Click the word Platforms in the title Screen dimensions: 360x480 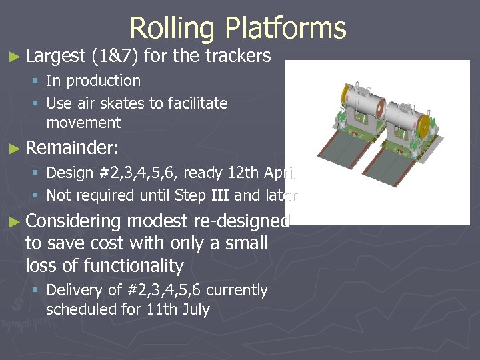[x=285, y=28]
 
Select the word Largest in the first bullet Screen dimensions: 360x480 [x=56, y=56]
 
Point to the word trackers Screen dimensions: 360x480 [x=234, y=56]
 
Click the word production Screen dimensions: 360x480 [x=102, y=81]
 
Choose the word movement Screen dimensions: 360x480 [x=83, y=123]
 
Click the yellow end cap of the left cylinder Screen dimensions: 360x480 [x=347, y=99]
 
